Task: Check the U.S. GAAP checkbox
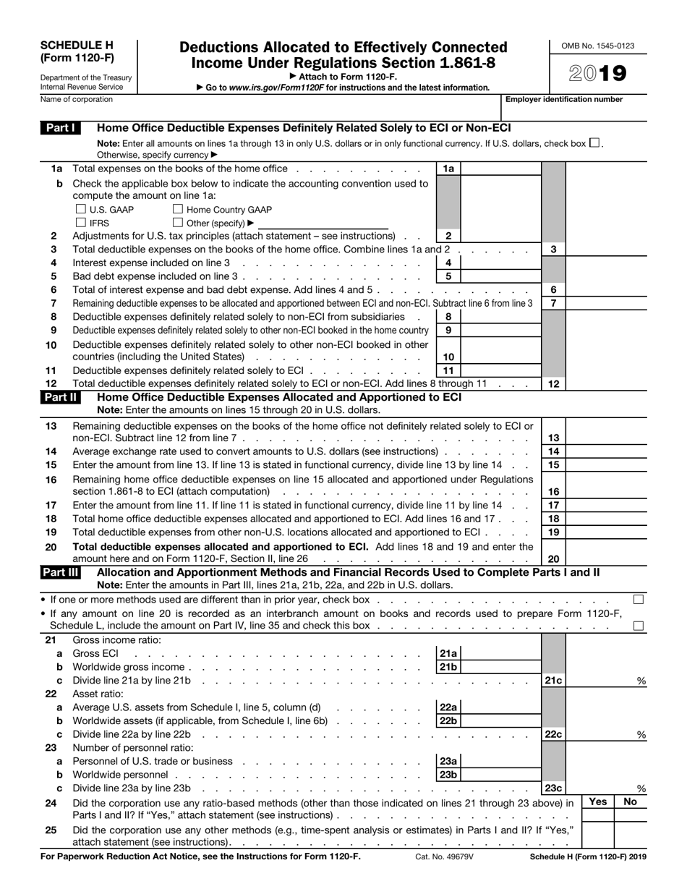[80, 210]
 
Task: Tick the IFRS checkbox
[80, 223]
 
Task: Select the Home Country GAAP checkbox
[178, 210]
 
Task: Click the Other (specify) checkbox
[178, 223]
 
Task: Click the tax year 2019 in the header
[597, 74]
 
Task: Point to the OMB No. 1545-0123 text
[598, 46]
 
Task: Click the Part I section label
[60, 128]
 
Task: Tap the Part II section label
[61, 396]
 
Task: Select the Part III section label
[61, 572]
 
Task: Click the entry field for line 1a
[500, 169]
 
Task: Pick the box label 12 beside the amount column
[553, 384]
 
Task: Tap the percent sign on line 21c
[641, 681]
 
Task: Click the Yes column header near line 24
[597, 801]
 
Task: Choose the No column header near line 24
[631, 801]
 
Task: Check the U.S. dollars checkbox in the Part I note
[594, 143]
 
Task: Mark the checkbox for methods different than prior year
[639, 600]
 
